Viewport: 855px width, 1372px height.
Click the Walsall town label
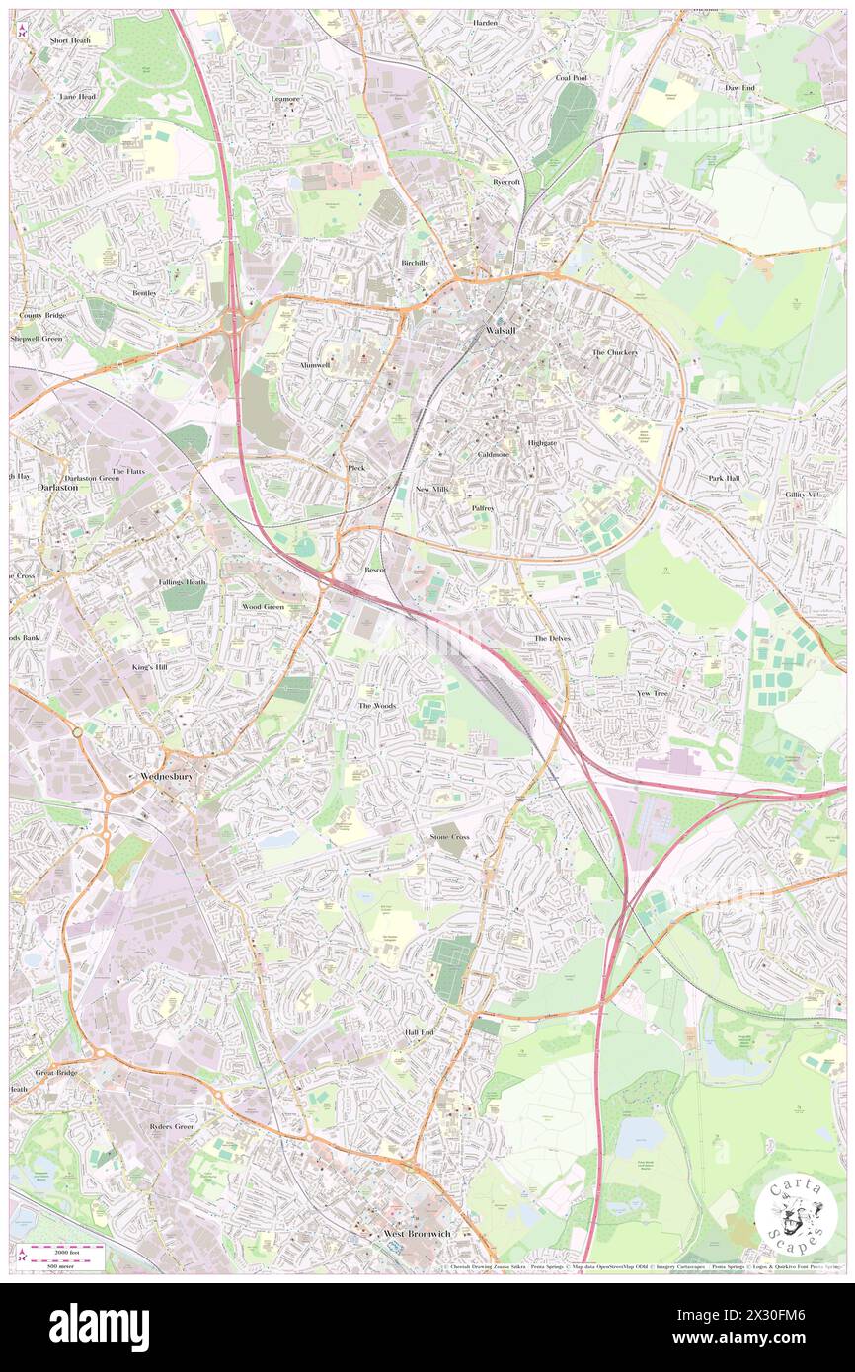point(501,330)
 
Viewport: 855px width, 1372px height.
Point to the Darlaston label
point(56,488)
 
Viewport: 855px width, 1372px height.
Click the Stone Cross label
point(449,837)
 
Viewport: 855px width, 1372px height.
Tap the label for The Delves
point(553,639)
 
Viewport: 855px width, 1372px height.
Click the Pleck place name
point(356,467)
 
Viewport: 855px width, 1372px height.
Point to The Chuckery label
point(614,352)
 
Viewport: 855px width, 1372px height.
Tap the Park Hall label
point(724,478)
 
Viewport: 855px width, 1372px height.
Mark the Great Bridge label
point(56,1072)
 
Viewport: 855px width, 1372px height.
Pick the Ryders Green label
point(173,1126)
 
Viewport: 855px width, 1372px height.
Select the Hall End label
point(420,1032)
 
